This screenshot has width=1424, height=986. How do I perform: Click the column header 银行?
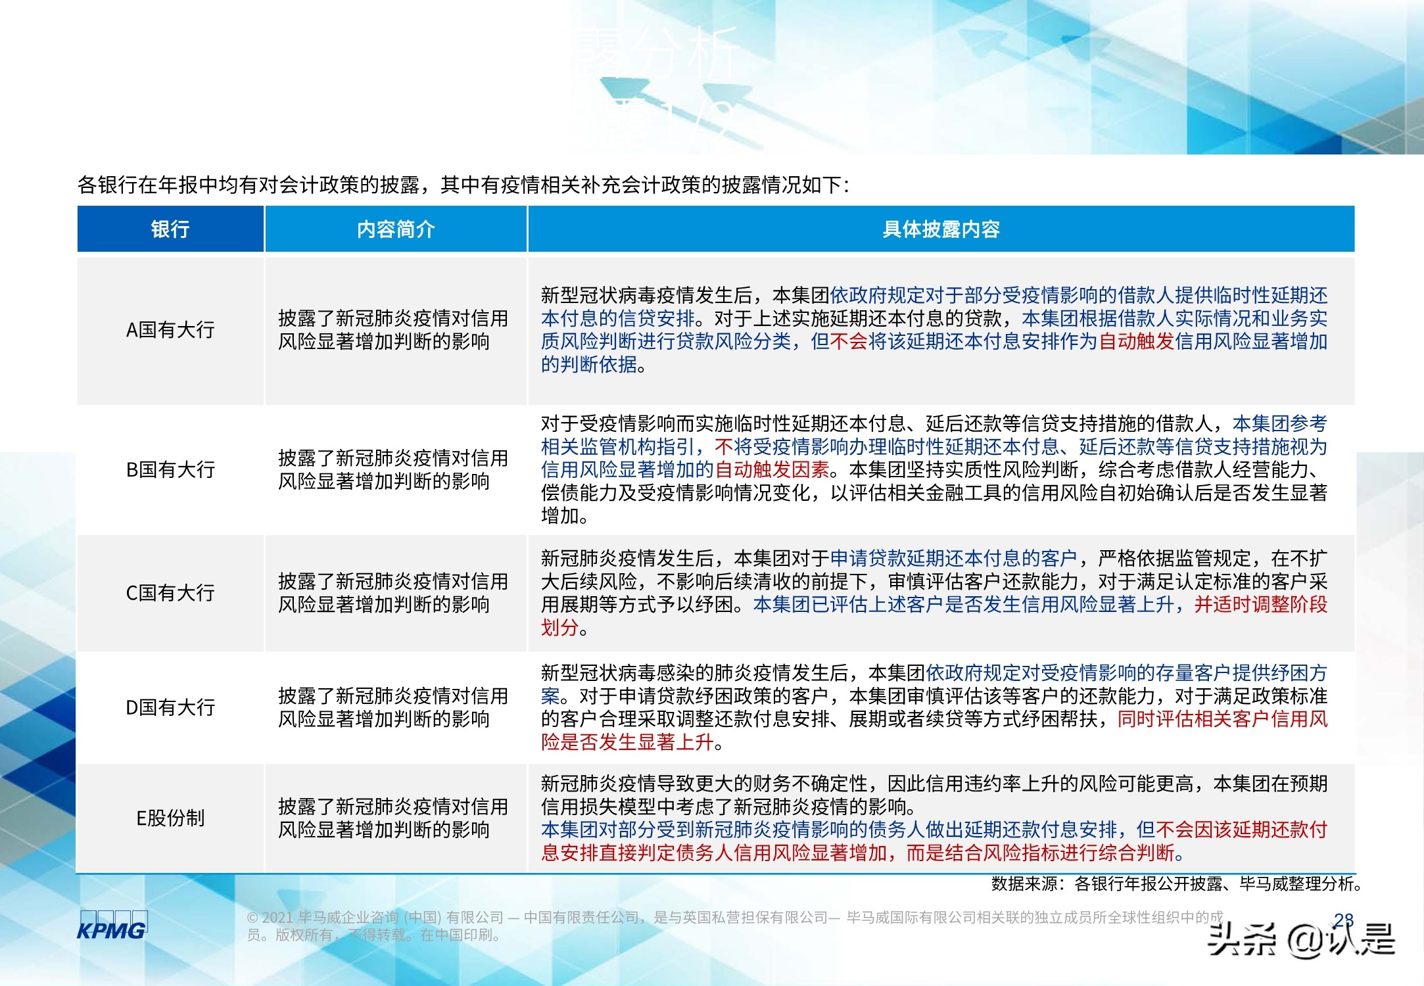coord(170,229)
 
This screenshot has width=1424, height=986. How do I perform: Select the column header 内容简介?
coord(396,229)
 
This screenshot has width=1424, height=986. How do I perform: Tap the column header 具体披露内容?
coord(941,229)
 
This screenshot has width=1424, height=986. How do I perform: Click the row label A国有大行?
coord(170,329)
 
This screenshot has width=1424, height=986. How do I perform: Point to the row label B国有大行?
coord(170,469)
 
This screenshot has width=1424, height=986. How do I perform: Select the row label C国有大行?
coord(170,592)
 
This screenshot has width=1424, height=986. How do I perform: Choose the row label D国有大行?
coord(170,707)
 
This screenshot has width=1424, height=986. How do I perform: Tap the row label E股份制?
coord(170,818)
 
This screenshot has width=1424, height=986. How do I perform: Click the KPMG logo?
coord(112,926)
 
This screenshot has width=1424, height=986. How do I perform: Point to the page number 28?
coord(1344,920)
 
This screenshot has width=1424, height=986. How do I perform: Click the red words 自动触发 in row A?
coord(1136,341)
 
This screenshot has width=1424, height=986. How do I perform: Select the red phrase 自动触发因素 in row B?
coord(772,469)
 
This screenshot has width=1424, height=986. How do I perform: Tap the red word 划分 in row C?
coord(559,627)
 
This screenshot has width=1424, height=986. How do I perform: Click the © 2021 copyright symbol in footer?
coord(252,918)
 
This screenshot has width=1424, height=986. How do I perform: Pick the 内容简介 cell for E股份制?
coord(393,818)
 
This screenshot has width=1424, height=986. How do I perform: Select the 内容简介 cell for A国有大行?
coord(393,329)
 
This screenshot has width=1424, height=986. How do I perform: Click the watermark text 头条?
coord(1241,938)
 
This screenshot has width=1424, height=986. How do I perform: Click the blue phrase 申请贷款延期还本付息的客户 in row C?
coord(953,558)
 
